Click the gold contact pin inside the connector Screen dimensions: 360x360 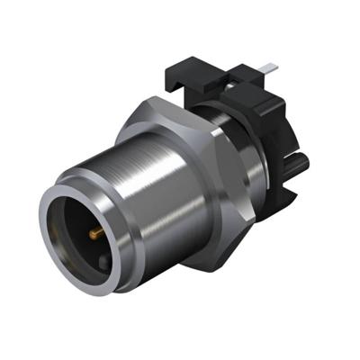click(x=94, y=236)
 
